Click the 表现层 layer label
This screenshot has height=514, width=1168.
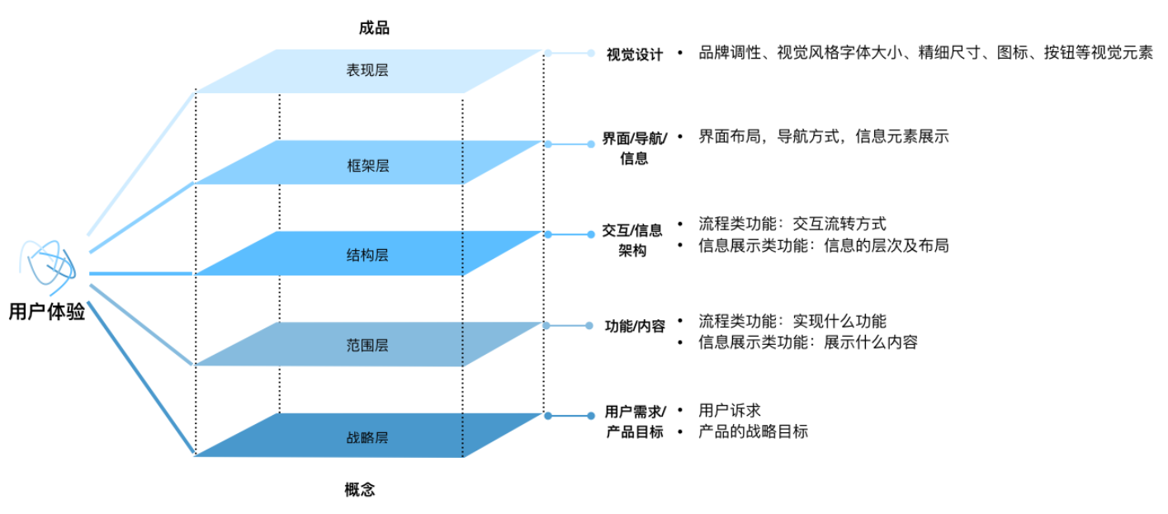[x=367, y=70]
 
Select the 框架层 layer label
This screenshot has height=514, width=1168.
[x=367, y=166]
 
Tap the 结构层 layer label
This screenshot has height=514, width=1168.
[x=367, y=255]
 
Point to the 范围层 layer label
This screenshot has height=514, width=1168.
[x=367, y=346]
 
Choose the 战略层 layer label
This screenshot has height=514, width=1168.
[x=367, y=437]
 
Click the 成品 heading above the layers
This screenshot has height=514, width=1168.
[x=374, y=28]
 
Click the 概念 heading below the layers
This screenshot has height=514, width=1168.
[x=359, y=490]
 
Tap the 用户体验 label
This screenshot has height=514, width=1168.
[x=47, y=313]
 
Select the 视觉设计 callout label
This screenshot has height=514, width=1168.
[x=634, y=55]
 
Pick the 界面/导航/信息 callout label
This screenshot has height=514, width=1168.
[x=634, y=148]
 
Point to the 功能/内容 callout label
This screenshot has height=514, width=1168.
[x=635, y=326]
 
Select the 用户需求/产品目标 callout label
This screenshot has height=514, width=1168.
[x=634, y=421]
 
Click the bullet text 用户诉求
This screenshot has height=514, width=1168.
[x=729, y=410]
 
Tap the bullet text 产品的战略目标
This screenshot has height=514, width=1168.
[x=753, y=431]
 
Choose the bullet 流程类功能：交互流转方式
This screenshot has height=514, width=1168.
[x=792, y=224]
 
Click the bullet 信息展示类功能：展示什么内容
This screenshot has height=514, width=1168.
[x=807, y=342]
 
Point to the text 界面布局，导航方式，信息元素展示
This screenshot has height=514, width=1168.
[x=823, y=137]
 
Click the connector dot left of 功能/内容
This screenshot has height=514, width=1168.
[x=589, y=326]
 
